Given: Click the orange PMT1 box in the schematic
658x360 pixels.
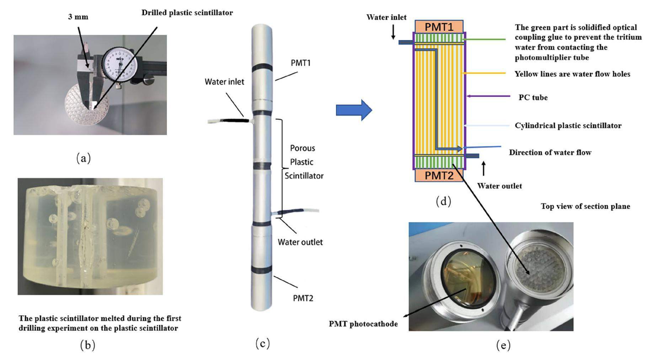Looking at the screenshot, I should (439, 27).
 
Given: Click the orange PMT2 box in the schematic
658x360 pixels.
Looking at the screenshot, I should (439, 175).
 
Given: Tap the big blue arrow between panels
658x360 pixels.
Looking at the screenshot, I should (354, 110).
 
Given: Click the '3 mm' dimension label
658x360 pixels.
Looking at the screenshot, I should (78, 17).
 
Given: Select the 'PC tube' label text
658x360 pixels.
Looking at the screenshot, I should (533, 97).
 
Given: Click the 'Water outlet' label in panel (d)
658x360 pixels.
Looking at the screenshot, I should (499, 186).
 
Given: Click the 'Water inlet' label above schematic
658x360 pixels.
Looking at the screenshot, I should (386, 17).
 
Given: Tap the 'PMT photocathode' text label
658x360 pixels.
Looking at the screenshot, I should (363, 324).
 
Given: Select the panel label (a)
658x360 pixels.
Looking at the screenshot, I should (84, 158).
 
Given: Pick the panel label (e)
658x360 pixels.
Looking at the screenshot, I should (503, 345).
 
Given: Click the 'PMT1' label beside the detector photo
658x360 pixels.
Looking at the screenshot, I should (300, 63).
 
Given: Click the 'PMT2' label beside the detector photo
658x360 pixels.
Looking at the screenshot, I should (303, 298).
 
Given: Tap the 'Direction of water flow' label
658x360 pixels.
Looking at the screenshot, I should (550, 153).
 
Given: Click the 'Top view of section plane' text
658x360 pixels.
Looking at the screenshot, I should (585, 206).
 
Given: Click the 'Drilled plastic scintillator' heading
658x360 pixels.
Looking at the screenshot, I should (187, 13).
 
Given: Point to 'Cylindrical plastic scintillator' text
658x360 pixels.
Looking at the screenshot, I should (568, 126).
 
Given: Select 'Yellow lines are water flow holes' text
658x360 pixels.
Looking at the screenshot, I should (572, 74).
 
